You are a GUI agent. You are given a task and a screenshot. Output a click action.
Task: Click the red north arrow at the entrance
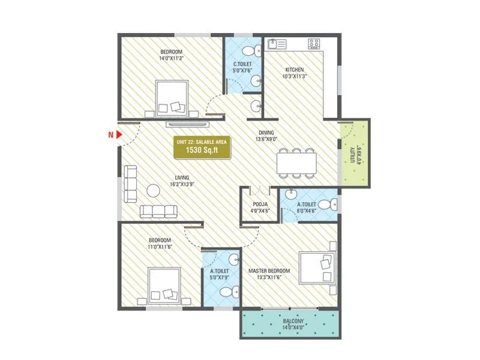point(119,135)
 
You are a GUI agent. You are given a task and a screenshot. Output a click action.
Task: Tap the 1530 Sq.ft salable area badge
point(203,147)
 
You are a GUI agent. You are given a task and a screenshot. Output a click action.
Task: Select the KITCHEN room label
point(294,70)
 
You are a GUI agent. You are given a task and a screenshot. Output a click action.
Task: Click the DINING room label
point(266,133)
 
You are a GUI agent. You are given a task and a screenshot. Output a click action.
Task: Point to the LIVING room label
point(182,178)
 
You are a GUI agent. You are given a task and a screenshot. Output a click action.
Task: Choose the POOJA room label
point(260,204)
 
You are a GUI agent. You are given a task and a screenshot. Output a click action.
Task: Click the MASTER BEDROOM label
point(269,271)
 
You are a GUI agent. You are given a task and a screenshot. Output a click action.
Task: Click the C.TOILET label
point(242,64)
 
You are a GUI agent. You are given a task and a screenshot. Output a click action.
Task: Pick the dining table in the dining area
point(296,163)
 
